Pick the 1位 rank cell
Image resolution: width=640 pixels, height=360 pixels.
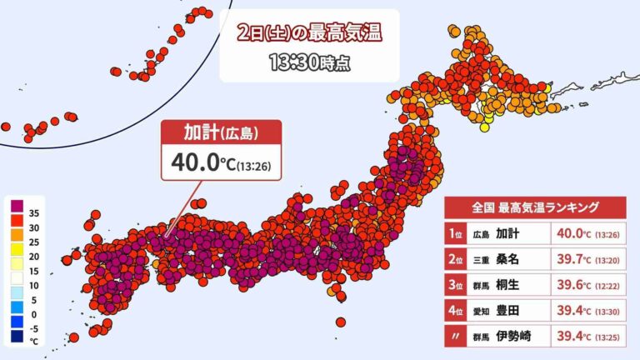coord(455,232)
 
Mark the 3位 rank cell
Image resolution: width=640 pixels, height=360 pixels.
coord(455,287)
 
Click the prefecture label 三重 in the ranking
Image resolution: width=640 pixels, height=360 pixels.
coord(480,261)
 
